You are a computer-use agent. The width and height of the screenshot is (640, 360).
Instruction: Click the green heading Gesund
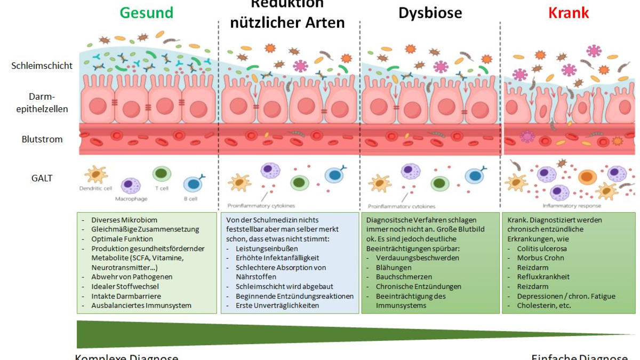tap(147, 13)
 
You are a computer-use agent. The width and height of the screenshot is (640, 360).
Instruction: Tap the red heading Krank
tap(569, 13)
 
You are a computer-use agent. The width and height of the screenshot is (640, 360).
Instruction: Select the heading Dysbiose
tap(430, 13)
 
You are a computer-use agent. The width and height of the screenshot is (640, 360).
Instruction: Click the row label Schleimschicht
tap(42, 66)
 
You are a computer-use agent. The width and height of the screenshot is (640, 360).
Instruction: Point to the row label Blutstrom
tap(42, 139)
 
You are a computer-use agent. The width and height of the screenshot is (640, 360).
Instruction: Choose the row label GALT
tap(42, 178)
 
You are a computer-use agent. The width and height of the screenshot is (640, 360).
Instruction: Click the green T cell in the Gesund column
tap(161, 174)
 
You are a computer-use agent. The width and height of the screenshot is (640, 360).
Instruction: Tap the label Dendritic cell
tap(95, 188)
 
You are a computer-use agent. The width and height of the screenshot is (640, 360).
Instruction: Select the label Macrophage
tap(131, 198)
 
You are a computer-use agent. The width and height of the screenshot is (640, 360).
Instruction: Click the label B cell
tap(191, 198)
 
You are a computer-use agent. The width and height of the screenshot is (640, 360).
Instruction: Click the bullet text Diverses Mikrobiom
tap(124, 220)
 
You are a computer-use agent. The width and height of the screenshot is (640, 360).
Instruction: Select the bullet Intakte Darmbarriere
tap(126, 296)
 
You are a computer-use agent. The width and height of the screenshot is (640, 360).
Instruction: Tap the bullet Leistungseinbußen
tap(267, 249)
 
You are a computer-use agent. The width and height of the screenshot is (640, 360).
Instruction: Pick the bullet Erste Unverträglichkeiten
tap(277, 306)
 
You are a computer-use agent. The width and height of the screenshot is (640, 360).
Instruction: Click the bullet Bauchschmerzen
tap(404, 277)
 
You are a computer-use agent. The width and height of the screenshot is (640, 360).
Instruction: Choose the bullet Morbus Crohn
tap(540, 258)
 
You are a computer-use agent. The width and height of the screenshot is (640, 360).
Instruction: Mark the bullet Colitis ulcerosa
tap(542, 249)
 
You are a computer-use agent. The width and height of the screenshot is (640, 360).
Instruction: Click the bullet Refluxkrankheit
tap(543, 277)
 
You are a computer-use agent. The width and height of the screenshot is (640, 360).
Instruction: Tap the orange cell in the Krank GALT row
tap(587, 177)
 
